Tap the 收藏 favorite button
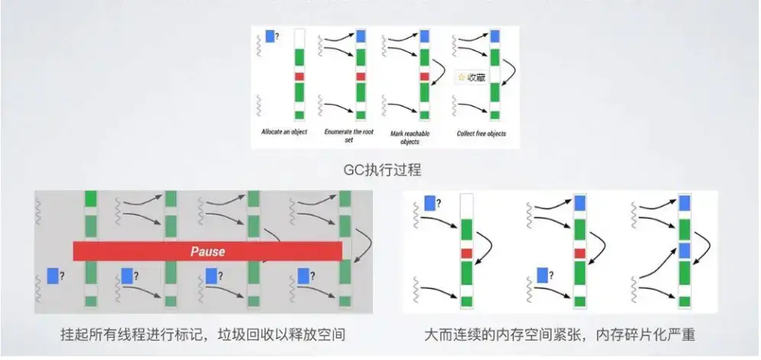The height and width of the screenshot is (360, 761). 471,77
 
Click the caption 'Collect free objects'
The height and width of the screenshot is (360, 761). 481,133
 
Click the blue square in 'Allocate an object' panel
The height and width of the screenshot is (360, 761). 270,36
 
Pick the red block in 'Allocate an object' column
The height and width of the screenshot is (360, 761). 300,76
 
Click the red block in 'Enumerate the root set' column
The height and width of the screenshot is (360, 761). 361,76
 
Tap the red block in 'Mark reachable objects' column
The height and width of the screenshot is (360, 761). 425,76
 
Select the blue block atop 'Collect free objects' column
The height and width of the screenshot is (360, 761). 494,35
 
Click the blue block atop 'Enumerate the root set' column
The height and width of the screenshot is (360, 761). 361,35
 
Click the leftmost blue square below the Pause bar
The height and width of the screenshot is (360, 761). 53,275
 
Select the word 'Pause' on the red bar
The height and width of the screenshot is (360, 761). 207,251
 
